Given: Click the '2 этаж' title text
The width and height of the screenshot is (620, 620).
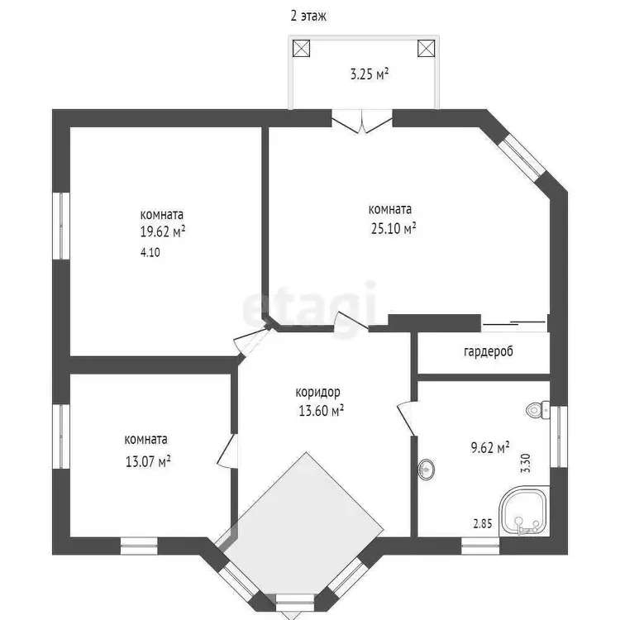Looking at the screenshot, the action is [308, 17].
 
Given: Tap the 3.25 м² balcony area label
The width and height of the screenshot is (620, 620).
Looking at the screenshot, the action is [370, 74].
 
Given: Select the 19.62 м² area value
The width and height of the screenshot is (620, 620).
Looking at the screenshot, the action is [163, 231].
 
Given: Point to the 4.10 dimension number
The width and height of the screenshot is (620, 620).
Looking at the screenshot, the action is [150, 252].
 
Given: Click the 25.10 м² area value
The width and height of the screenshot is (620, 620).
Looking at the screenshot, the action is [393, 228].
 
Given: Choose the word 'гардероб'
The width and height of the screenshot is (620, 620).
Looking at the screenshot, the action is [489, 351].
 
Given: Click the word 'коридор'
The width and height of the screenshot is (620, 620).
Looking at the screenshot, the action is [318, 392].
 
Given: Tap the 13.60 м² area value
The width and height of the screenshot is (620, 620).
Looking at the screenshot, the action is [321, 410].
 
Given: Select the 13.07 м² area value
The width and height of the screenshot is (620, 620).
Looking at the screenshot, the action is [148, 461].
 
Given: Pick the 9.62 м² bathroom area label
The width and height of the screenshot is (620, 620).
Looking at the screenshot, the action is [490, 447].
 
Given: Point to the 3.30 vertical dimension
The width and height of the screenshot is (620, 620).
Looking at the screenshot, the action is [527, 463].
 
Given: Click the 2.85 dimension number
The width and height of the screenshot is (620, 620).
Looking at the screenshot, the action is [483, 524].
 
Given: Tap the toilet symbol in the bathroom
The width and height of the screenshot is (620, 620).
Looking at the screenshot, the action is [538, 410].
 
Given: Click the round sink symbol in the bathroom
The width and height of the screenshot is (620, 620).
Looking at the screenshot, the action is [426, 470].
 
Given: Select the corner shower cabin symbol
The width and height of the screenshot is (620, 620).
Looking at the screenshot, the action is [524, 511].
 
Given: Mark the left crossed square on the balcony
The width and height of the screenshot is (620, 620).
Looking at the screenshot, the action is [301, 48].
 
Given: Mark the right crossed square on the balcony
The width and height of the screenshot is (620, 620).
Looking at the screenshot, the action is [427, 48].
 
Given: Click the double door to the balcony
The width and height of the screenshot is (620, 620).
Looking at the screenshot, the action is [362, 121].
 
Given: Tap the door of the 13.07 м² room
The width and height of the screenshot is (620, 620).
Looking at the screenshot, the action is [227, 451].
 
